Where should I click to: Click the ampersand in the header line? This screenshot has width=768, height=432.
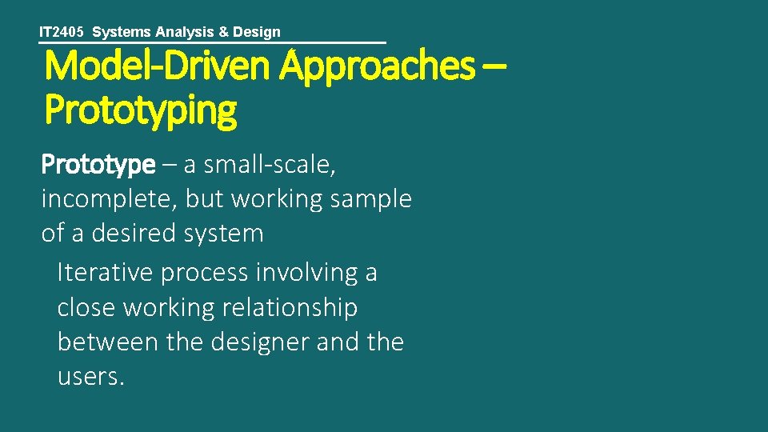pyautogui.click(x=223, y=33)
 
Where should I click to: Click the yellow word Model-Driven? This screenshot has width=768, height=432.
pyautogui.click(x=158, y=67)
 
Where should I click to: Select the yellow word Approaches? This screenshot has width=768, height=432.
pyautogui.click(x=377, y=67)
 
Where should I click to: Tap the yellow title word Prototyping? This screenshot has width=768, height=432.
pyautogui.click(x=141, y=110)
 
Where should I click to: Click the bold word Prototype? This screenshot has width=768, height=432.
pyautogui.click(x=98, y=165)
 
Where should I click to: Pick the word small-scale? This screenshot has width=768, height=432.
pyautogui.click(x=270, y=165)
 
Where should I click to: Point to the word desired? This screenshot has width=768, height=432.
pyautogui.click(x=133, y=234)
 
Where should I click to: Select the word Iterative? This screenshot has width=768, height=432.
pyautogui.click(x=105, y=273)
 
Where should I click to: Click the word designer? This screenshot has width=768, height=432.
pyautogui.click(x=253, y=342)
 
